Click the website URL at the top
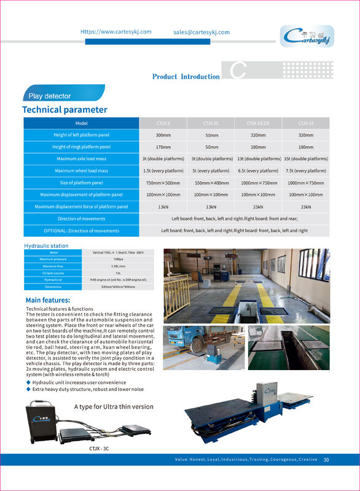point(116,32)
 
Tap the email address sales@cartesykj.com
point(201,32)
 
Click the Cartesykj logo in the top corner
point(307,37)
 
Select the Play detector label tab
point(50,96)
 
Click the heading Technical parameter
point(65,110)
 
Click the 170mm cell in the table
point(163,147)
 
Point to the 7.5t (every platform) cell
point(306,171)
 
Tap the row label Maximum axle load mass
point(82,159)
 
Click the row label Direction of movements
point(82,218)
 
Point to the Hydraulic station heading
point(46,245)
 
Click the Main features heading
point(47,300)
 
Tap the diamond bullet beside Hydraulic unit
point(28,382)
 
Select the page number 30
point(326,460)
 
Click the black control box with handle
point(40,423)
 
